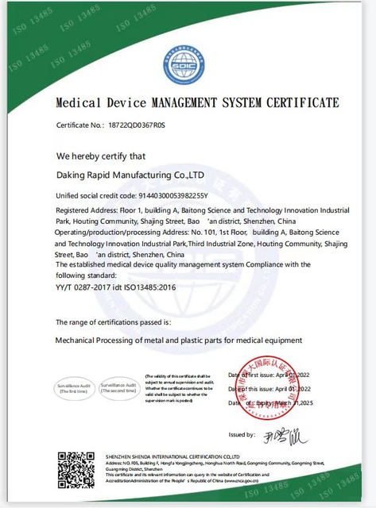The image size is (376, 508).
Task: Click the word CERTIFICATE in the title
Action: [300, 103]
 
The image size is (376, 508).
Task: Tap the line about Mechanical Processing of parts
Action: [178, 340]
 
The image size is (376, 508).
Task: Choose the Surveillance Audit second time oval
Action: [118, 388]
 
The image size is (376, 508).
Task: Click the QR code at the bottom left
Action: [76, 469]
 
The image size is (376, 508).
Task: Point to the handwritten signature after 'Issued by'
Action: [285, 434]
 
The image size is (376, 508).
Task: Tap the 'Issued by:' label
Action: [241, 434]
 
